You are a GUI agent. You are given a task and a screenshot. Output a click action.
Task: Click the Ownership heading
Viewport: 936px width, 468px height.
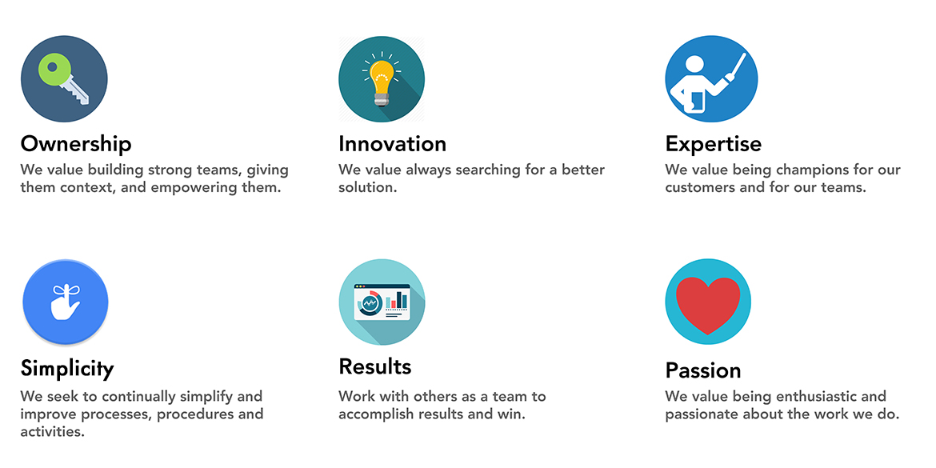[76, 144]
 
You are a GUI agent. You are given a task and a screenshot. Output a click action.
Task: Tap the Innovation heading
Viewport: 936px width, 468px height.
[392, 144]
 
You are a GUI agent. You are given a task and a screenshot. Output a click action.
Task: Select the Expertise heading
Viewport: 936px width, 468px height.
[714, 145]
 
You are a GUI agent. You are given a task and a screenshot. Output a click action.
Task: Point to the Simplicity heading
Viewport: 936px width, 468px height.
[67, 368]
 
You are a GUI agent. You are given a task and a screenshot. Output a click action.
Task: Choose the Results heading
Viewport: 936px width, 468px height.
[375, 366]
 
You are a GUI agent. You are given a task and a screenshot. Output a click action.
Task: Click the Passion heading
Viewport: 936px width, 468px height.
[703, 370]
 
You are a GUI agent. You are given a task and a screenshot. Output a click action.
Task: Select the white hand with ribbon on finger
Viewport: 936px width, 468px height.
[65, 302]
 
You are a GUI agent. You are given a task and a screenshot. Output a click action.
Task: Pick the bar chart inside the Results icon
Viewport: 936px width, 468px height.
[396, 300]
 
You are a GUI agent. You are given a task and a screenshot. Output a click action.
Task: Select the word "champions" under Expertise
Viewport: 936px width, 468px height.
[812, 170]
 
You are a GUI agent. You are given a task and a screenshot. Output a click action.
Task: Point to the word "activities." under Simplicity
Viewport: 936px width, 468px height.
[53, 431]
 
